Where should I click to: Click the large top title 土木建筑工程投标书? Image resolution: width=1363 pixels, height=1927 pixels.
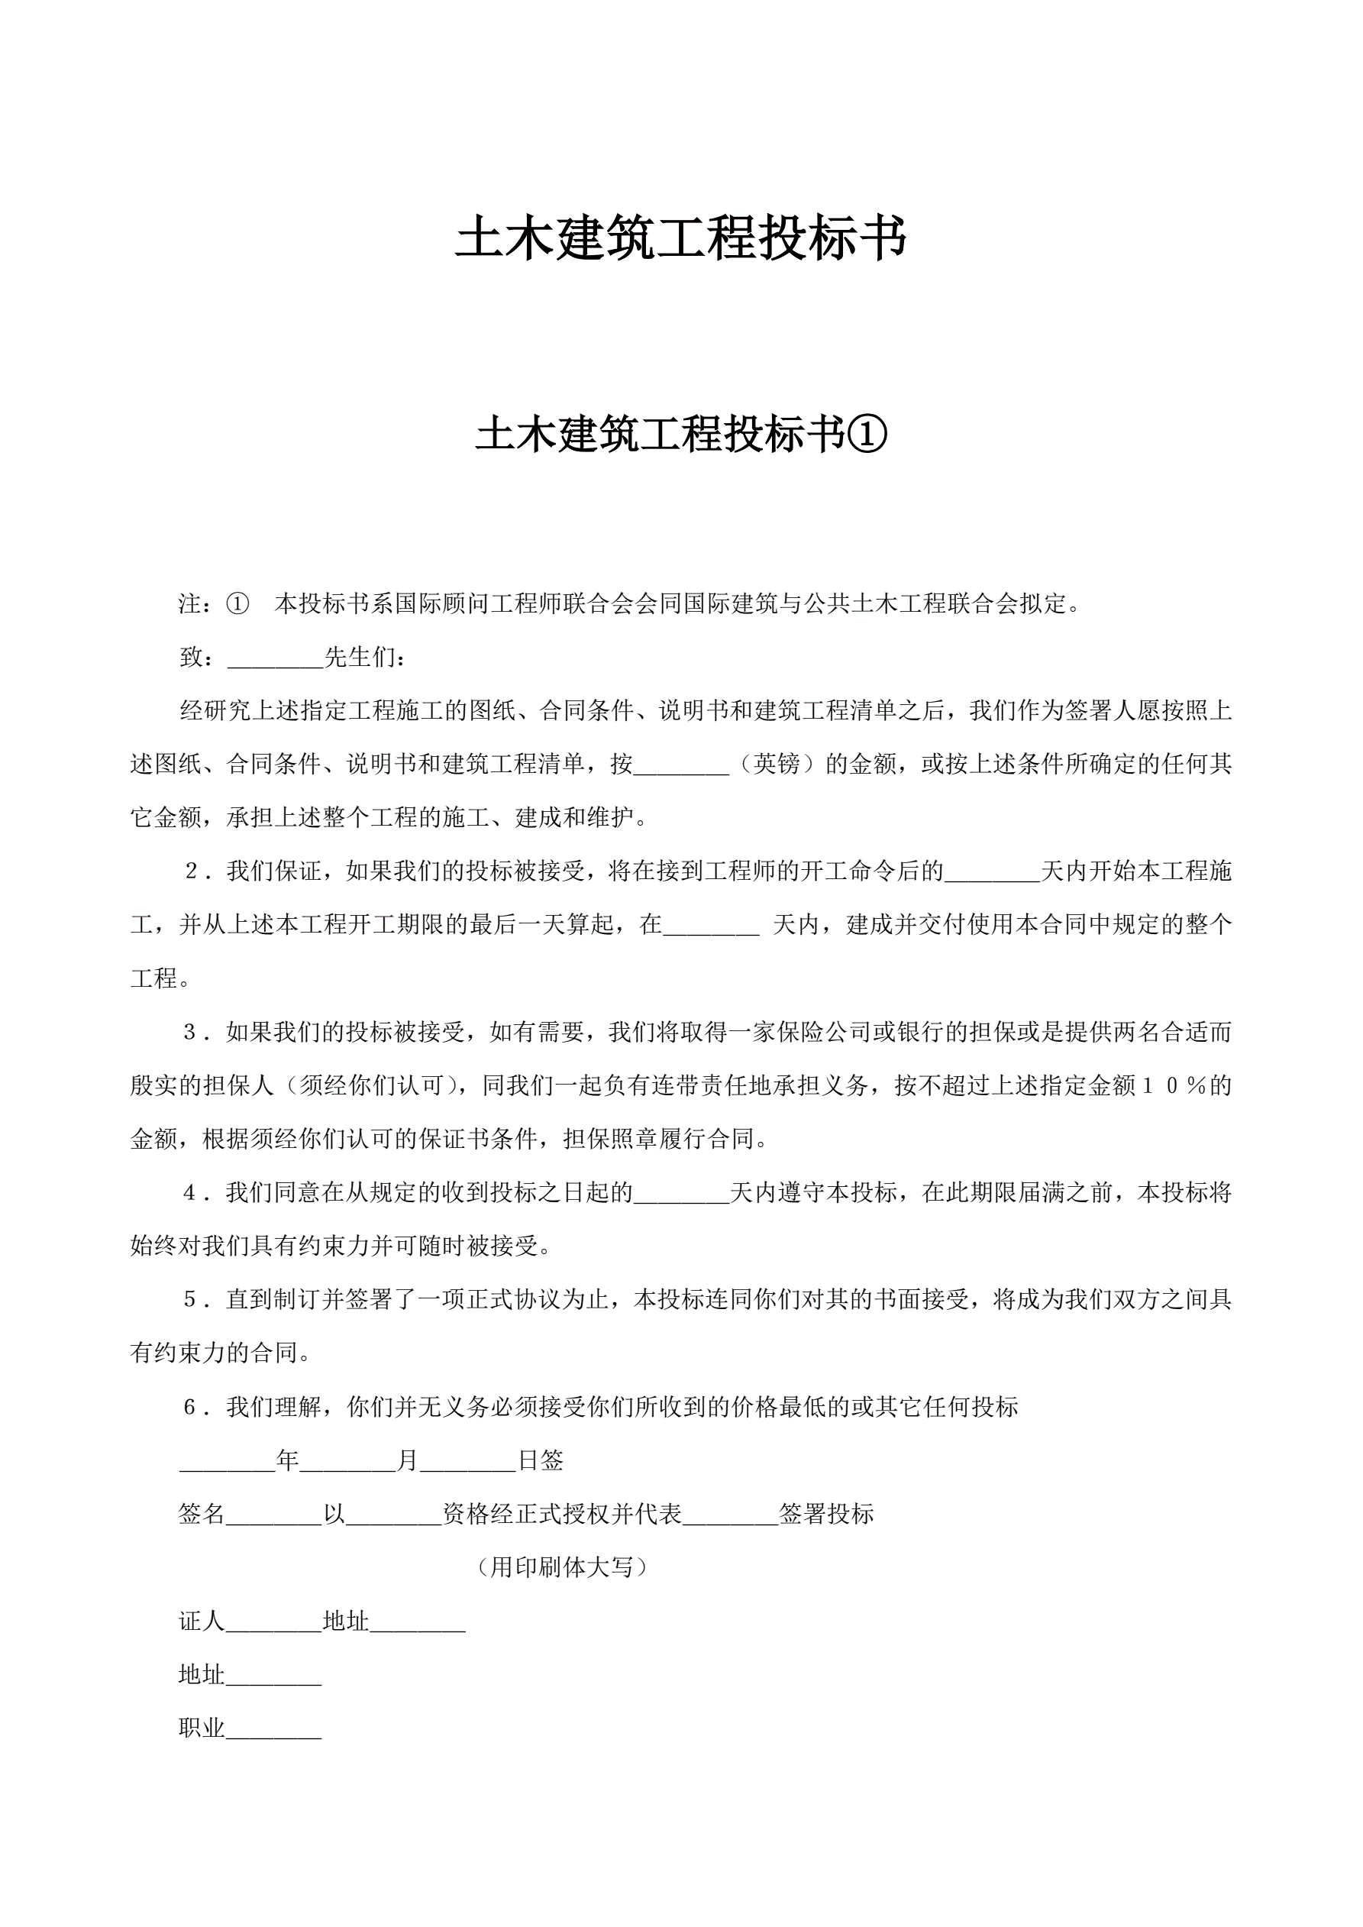pos(680,238)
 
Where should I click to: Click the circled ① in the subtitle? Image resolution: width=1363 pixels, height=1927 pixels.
pos(868,435)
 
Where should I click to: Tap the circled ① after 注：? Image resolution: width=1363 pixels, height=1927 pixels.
pos(237,603)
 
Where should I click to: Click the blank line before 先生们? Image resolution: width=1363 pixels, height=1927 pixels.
pos(276,660)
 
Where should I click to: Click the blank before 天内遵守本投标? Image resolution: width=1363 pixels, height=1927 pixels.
pos(680,1195)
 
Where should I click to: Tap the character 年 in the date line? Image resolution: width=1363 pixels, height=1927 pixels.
pos(287,1461)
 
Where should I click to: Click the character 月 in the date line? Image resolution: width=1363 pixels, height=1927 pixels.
pos(407,1461)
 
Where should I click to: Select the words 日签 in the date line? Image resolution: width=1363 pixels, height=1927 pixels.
pos(540,1461)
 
